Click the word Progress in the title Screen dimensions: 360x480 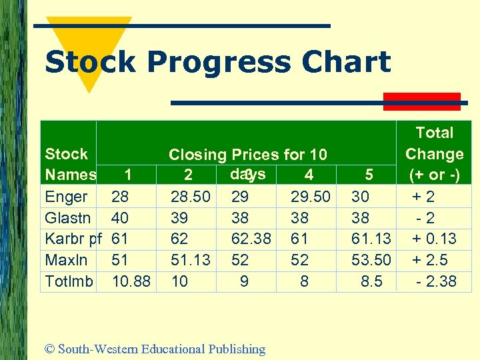click(219, 63)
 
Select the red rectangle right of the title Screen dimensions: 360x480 click(421, 101)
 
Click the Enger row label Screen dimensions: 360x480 click(66, 197)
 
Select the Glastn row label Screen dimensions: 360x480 click(67, 218)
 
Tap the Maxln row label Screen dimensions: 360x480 click(66, 260)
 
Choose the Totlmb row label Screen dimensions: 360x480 click(69, 281)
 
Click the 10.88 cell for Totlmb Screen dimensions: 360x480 click(131, 281)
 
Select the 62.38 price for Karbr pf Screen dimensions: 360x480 click(251, 239)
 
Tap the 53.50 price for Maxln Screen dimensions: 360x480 click(371, 260)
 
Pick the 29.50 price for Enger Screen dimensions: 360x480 click(311, 197)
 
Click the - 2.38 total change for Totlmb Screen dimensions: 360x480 click(435, 281)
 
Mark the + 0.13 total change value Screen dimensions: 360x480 click(434, 239)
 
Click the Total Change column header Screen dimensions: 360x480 click(435, 153)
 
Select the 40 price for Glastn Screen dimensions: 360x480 click(121, 218)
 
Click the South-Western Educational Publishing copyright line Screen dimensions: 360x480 click(155, 349)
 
